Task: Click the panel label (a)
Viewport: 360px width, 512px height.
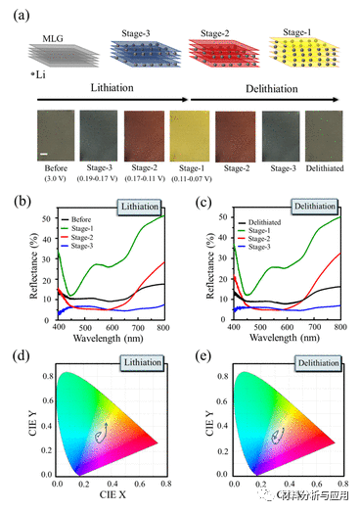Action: [x=15, y=12]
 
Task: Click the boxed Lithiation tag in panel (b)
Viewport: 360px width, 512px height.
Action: [x=139, y=209]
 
